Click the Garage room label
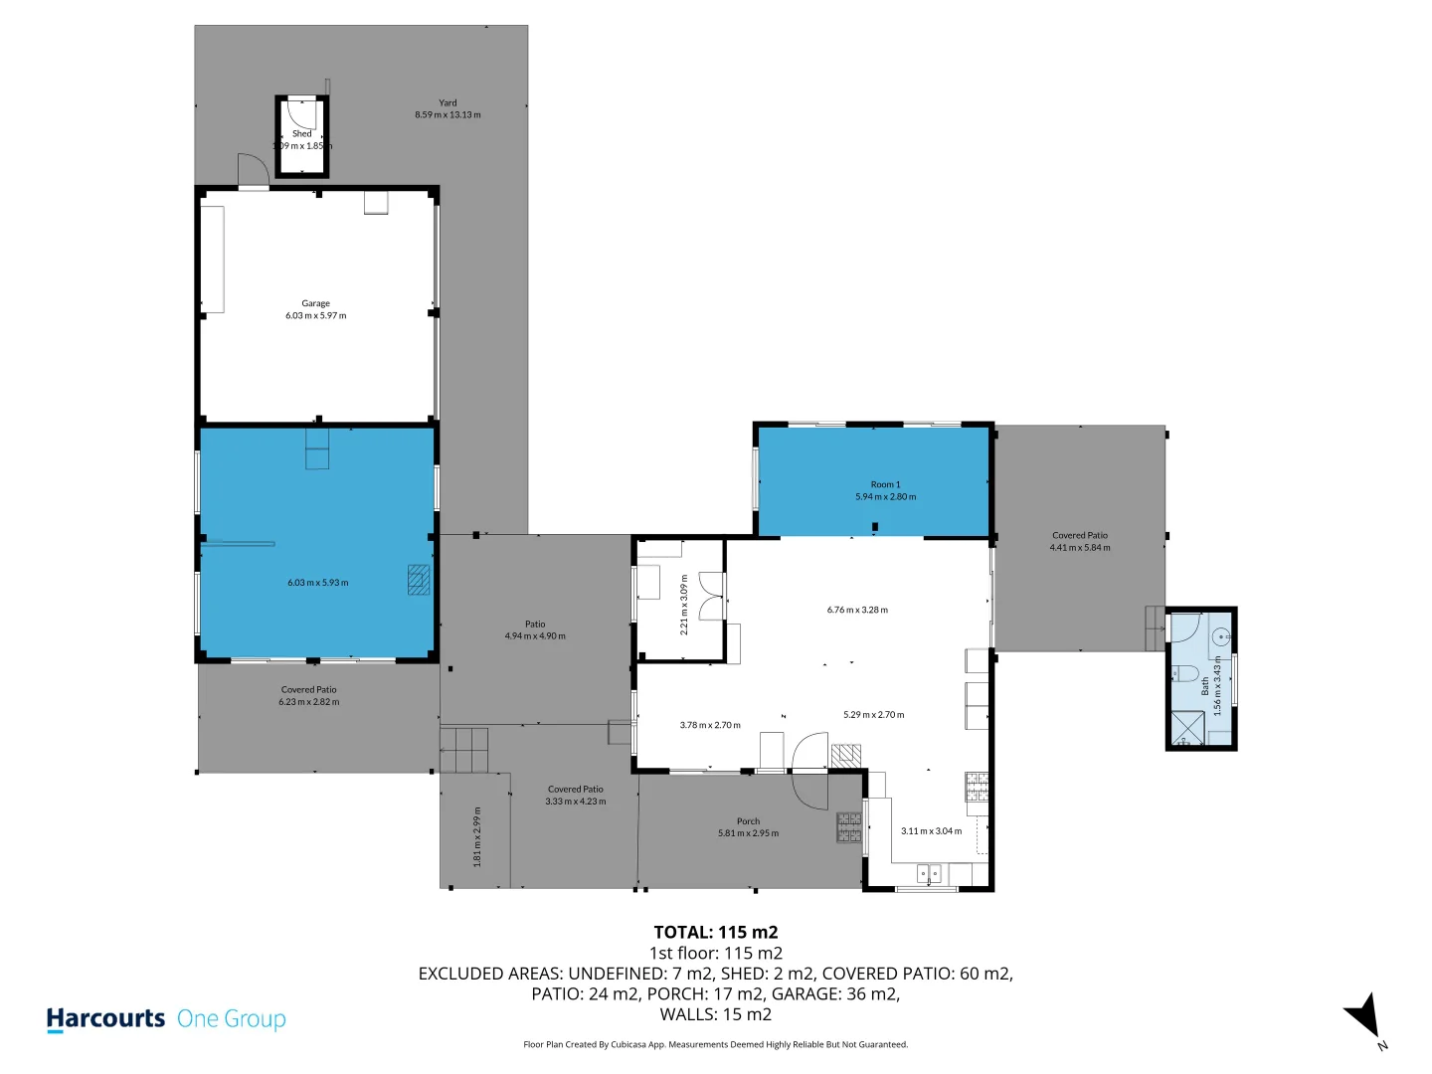(x=315, y=303)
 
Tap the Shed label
(x=301, y=133)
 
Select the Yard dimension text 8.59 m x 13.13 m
(x=447, y=115)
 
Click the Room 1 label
(x=885, y=484)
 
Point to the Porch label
(x=748, y=821)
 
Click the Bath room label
(x=1204, y=686)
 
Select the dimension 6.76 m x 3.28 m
(x=857, y=610)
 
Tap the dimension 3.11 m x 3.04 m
(x=931, y=831)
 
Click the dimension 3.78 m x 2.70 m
(x=710, y=725)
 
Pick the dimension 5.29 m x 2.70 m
(x=873, y=714)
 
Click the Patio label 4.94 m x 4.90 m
(x=535, y=630)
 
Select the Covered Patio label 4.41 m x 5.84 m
(x=1080, y=541)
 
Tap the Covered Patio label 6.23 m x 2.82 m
(x=308, y=695)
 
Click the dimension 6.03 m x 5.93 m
(x=317, y=583)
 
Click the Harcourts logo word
(x=105, y=1018)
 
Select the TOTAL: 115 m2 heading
(x=715, y=932)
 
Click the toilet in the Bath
(x=1184, y=672)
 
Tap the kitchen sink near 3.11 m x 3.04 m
(x=928, y=875)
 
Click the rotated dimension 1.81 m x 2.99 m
(x=477, y=836)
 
